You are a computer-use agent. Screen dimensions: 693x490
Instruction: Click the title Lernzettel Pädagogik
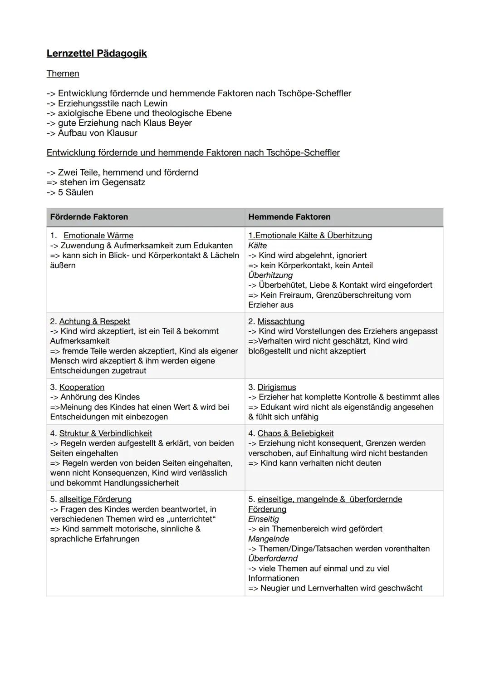click(97, 54)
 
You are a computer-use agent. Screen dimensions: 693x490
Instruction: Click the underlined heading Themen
click(63, 74)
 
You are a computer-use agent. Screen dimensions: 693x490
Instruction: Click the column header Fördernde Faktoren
click(89, 217)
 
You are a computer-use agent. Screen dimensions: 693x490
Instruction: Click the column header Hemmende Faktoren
click(289, 217)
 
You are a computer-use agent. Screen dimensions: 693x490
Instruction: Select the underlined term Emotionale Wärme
click(98, 236)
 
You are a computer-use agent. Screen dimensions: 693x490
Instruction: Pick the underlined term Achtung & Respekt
click(94, 321)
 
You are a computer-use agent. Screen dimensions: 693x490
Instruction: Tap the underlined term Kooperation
click(82, 387)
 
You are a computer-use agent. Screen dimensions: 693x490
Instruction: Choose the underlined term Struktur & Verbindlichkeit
click(105, 433)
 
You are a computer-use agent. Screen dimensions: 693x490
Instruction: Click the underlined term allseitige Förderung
click(95, 499)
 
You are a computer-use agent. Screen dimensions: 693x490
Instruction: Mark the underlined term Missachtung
click(281, 321)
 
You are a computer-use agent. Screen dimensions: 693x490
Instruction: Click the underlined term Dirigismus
click(276, 387)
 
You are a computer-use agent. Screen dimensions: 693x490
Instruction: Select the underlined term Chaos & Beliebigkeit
click(295, 433)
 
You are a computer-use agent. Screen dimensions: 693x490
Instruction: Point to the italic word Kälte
click(257, 246)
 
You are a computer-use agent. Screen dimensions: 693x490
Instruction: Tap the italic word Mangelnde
click(268, 539)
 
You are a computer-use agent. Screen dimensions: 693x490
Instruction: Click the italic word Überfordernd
click(273, 558)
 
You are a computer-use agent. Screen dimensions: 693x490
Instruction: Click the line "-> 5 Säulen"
click(70, 192)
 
